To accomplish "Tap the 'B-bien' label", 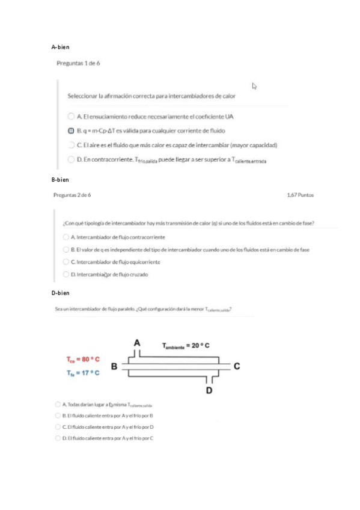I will click(61, 179).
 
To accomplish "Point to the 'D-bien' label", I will click(61, 293).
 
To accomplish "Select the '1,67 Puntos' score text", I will click(301, 195).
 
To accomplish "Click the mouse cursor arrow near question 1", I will click(255, 86).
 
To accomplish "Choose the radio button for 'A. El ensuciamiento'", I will click(71, 115).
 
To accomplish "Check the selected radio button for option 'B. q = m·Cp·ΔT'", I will click(71, 130).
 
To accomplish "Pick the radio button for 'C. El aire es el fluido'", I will click(71, 144).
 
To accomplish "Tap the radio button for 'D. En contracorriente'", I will click(71, 159).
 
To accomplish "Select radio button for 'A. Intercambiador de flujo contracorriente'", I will click(66, 238).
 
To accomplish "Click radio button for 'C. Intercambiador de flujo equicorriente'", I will click(66, 262).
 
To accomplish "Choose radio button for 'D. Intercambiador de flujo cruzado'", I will click(66, 274).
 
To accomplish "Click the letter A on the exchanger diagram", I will click(137, 342).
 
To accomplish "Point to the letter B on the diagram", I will click(114, 365).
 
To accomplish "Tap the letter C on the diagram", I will click(237, 366).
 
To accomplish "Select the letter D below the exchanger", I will click(209, 392).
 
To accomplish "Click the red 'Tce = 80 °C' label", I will click(83, 359).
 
